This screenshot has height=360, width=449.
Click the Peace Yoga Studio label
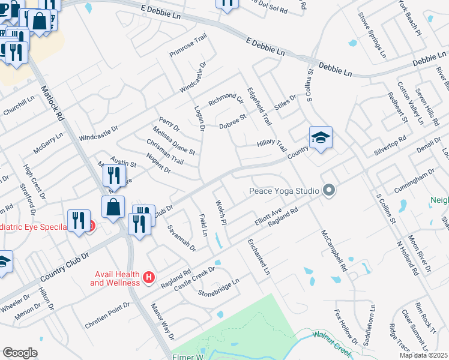pos(284,191)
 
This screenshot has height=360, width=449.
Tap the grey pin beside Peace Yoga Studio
pos(328,191)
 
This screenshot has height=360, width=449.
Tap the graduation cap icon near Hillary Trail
pos(321,139)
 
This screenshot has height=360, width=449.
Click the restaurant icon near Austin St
pos(113,175)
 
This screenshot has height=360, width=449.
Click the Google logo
pos(20,353)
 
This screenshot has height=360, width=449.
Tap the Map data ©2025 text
pos(423,355)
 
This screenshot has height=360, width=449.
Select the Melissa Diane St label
pos(174,140)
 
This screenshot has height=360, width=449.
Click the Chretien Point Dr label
pos(107,311)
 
